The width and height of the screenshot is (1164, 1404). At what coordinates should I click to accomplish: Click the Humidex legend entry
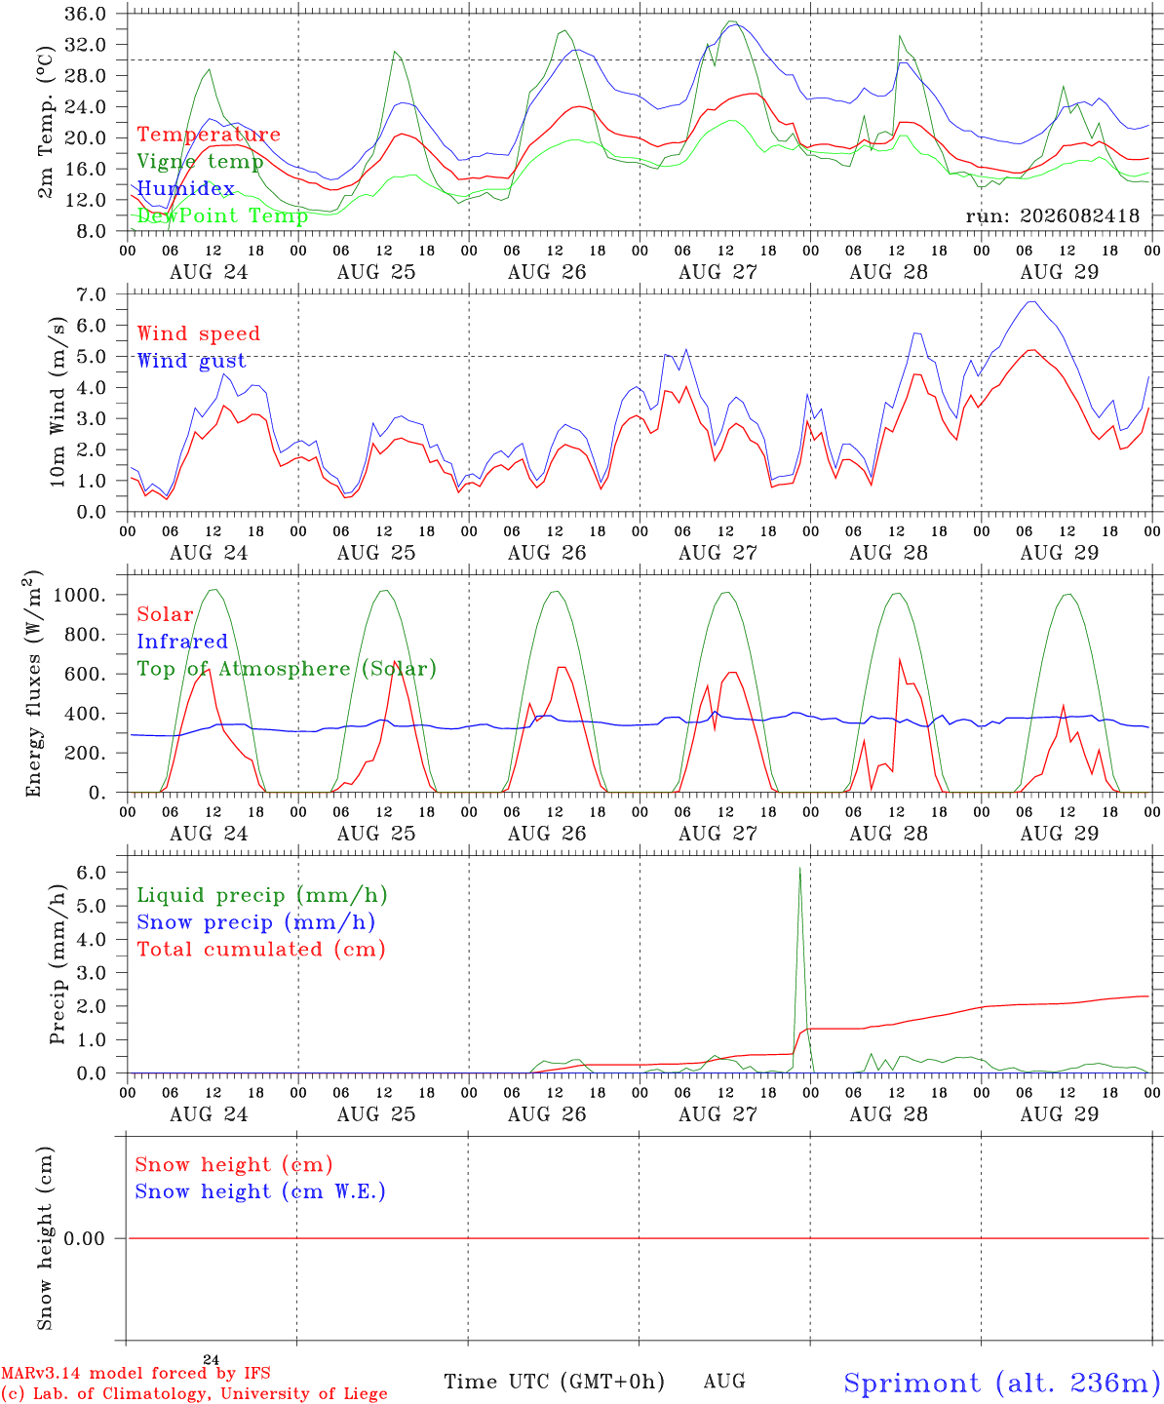[185, 188]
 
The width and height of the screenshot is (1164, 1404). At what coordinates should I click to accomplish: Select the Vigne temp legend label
[201, 162]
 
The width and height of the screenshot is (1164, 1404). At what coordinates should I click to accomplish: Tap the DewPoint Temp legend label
[222, 215]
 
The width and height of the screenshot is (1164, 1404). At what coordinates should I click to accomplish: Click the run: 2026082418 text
[1052, 215]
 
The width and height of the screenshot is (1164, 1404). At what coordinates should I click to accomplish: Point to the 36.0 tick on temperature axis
[85, 14]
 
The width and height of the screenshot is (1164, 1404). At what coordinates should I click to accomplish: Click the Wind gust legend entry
[192, 361]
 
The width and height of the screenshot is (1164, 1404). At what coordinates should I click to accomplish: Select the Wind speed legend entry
[198, 333]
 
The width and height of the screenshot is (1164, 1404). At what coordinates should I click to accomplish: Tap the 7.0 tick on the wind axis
[91, 294]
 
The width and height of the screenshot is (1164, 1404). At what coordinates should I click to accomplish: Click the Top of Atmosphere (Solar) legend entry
[288, 669]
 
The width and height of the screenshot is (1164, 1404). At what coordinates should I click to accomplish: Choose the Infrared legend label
[182, 641]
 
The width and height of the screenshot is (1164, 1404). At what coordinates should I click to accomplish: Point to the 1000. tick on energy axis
[79, 595]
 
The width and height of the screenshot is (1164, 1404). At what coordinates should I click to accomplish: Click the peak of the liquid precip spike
[799, 868]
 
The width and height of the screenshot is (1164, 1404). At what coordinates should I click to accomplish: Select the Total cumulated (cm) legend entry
[261, 949]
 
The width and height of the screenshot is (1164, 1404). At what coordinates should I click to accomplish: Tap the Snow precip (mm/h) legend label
[255, 922]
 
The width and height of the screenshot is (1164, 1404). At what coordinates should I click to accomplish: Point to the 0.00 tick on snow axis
[84, 1238]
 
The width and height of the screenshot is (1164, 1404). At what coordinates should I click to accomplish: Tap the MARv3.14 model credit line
[136, 1373]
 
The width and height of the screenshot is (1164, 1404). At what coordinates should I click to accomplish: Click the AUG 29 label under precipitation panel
[1059, 1114]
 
